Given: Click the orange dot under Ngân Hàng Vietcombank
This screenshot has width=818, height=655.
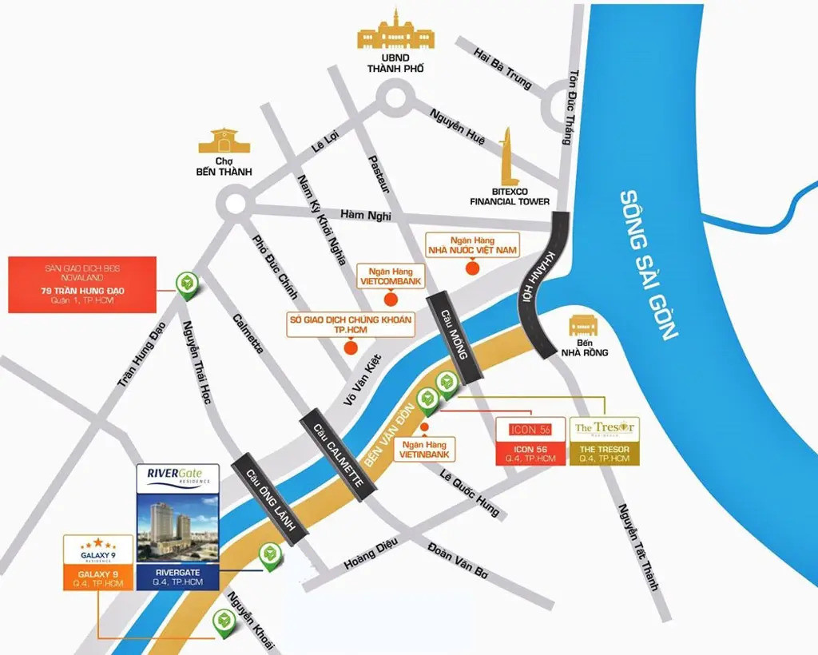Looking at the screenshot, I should tap(390, 300).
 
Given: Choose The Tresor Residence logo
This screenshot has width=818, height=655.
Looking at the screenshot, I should tap(604, 429).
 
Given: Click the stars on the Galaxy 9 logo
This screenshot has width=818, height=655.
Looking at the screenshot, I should tap(95, 543).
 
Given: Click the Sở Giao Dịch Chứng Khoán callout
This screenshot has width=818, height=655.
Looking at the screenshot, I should tap(350, 325).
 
